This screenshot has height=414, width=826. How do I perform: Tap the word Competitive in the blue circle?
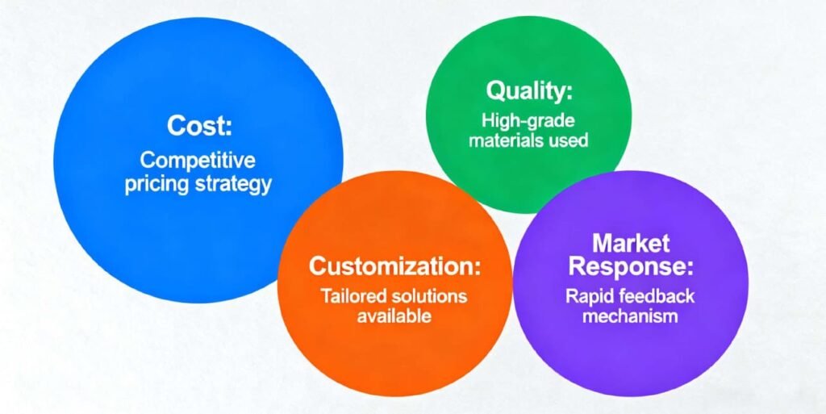(198, 159)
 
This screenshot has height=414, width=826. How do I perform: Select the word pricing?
(156, 183)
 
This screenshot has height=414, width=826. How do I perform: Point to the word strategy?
(233, 183)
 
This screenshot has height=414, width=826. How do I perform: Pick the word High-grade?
(528, 121)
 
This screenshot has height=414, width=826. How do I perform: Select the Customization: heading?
(394, 266)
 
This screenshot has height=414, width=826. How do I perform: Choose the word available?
(394, 316)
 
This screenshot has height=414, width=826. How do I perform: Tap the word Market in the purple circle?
(630, 242)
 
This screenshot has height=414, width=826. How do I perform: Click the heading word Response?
(630, 266)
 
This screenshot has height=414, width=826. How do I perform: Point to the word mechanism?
(630, 316)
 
